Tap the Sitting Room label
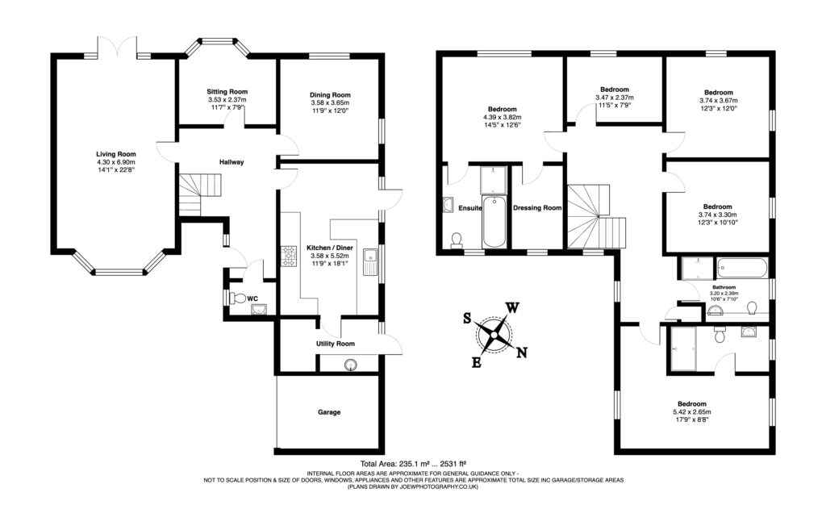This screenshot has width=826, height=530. pyautogui.click(x=227, y=92)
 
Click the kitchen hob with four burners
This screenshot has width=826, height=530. pyautogui.click(x=290, y=257)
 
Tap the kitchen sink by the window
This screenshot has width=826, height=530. pyautogui.click(x=372, y=262)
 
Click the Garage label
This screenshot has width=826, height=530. pyautogui.click(x=328, y=412)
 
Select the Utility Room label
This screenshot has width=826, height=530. pyautogui.click(x=335, y=344)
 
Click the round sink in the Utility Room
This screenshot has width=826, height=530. pyautogui.click(x=352, y=365)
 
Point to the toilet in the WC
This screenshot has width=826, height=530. pyautogui.click(x=236, y=298)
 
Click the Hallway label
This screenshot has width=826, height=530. pyautogui.click(x=232, y=162)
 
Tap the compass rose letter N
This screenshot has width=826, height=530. pyautogui.click(x=521, y=352)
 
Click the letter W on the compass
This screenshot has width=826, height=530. pyautogui.click(x=511, y=307)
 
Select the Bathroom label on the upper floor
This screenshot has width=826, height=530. pyautogui.click(x=724, y=286)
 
